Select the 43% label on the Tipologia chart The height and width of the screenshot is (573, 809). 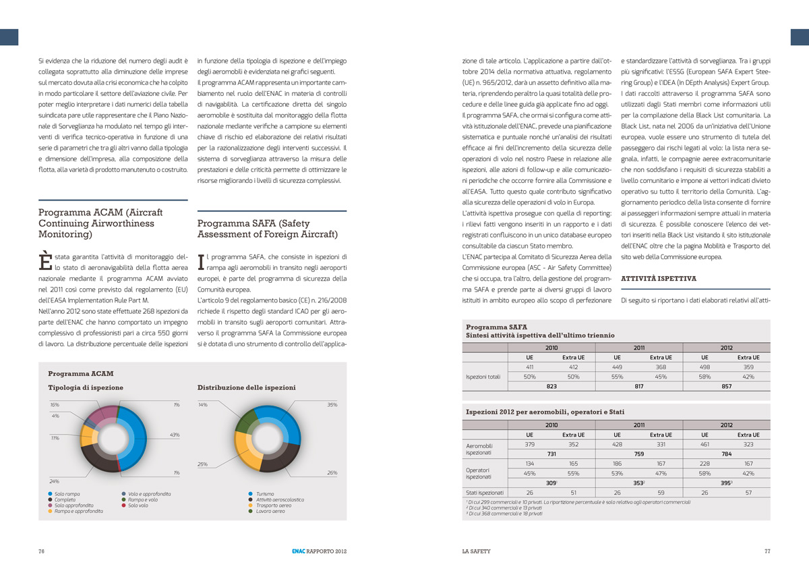point(175,435)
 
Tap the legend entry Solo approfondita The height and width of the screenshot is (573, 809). point(73,506)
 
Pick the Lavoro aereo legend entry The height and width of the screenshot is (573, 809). point(270,512)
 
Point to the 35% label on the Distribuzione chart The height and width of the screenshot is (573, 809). point(332,405)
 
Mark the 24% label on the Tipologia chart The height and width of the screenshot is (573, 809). point(55,481)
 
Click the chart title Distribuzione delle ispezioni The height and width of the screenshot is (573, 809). point(246,388)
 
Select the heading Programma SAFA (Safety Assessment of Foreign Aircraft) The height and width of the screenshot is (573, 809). point(267,229)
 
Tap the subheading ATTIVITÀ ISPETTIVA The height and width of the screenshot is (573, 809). point(658,279)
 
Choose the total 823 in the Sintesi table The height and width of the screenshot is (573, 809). point(551,387)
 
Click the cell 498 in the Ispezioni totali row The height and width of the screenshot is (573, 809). point(705,367)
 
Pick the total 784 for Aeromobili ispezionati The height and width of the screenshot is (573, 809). point(727,454)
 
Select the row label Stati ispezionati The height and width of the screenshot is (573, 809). point(484,493)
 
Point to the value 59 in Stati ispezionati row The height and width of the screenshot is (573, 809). point(660,493)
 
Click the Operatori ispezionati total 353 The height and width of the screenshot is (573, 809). point(638,483)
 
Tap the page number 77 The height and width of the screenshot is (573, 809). point(767,551)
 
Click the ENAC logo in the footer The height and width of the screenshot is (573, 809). point(291,551)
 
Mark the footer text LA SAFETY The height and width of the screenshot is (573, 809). point(471,551)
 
